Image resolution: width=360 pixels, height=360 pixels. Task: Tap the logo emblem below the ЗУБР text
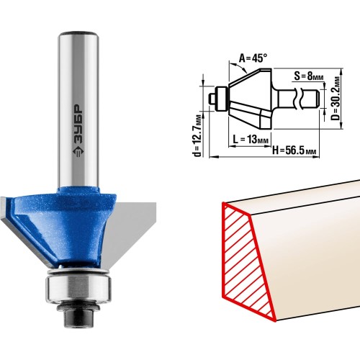(78, 152)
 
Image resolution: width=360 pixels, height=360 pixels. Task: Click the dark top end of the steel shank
(78, 33)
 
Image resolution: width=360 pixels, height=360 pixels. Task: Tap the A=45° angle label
(253, 58)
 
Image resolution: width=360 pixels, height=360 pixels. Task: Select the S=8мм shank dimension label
(309, 76)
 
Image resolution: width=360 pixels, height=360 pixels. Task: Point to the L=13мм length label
(251, 139)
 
